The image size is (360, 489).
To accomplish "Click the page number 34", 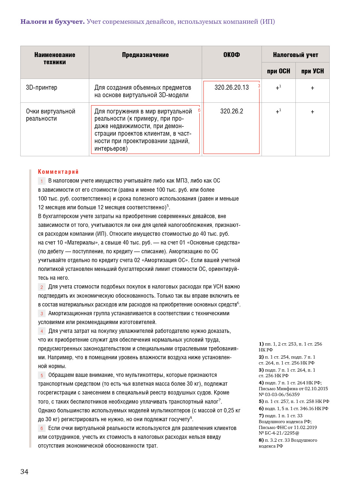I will (x=24, y=471).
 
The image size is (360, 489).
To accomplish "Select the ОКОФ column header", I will (x=232, y=55).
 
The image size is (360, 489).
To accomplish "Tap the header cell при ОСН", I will (x=278, y=71).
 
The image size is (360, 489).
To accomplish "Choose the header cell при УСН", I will (x=312, y=71).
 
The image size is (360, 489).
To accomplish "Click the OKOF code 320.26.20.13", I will (x=232, y=87).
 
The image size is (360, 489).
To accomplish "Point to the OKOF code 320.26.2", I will (x=232, y=111).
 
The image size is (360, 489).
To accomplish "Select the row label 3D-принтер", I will (x=41, y=87).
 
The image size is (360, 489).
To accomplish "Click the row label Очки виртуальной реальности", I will (x=51, y=115).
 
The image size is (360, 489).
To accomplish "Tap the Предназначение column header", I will (x=145, y=55).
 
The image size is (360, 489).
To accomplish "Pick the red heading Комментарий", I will (x=58, y=172).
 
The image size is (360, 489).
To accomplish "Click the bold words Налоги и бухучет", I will (x=52, y=22).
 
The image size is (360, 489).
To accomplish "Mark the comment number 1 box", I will (x=42, y=181).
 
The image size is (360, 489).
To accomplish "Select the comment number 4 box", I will (x=42, y=331).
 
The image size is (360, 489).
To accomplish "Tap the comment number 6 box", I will (x=42, y=428).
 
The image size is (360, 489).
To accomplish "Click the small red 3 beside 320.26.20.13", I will (x=259, y=86).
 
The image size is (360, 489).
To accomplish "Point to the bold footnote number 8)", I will (x=261, y=440).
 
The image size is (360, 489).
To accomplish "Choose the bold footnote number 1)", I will (x=261, y=344).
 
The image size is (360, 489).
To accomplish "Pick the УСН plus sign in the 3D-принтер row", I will (x=312, y=88).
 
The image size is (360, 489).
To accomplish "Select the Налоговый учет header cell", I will (x=295, y=55).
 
